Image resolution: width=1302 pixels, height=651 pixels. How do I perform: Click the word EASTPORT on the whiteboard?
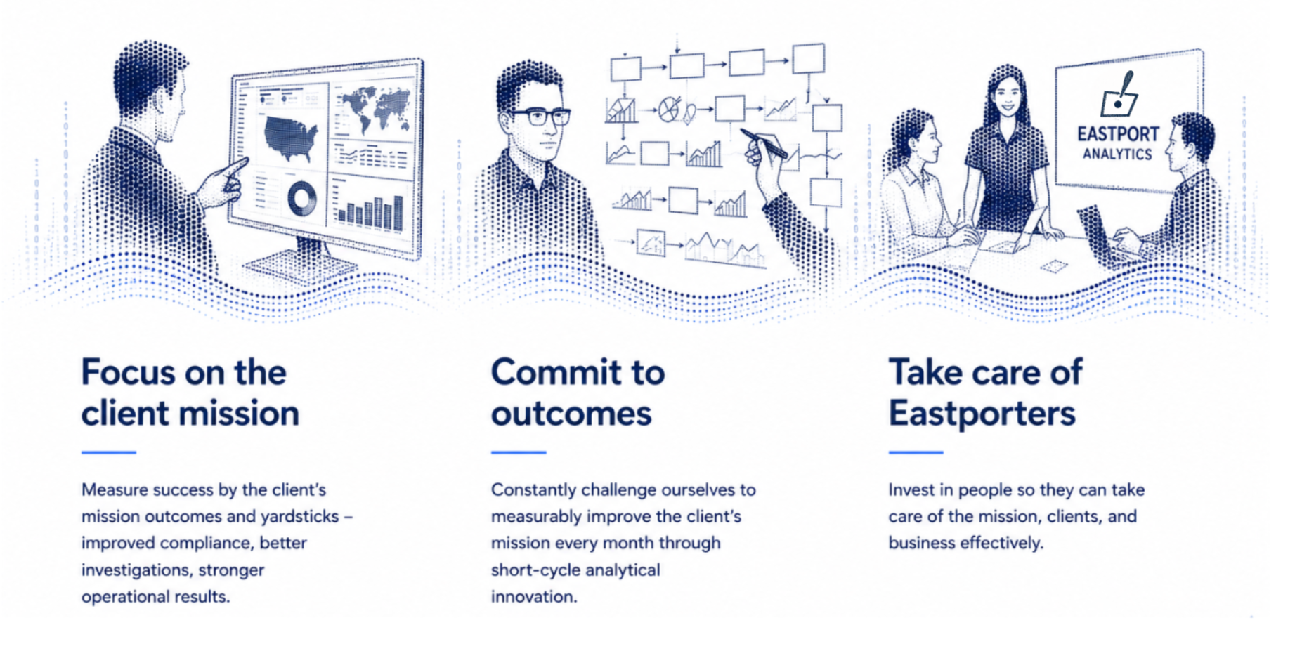1118,133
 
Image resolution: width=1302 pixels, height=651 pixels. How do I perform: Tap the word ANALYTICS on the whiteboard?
1117,154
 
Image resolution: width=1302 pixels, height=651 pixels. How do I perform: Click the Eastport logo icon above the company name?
1119,94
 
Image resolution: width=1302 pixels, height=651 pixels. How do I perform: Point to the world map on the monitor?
372,108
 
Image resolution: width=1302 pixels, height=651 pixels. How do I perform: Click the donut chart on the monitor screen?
302,199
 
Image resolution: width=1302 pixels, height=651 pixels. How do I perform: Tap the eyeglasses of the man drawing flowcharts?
538,117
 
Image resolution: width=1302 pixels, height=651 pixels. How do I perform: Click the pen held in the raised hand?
764,143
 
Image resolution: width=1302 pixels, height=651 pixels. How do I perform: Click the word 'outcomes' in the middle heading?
571,414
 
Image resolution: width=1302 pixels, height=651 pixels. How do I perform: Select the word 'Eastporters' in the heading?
982,413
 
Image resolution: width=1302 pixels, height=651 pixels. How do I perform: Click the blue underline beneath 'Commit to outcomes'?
519,452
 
